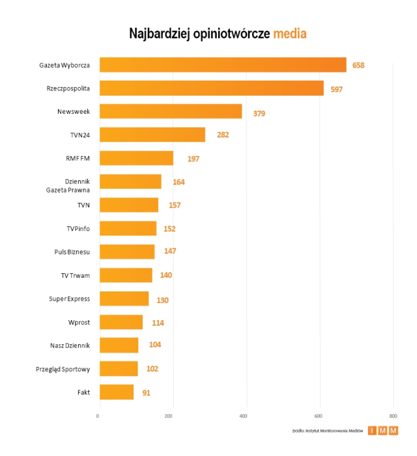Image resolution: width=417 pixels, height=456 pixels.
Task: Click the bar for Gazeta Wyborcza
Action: (222, 64)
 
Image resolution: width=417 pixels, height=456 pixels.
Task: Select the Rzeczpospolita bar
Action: (211, 88)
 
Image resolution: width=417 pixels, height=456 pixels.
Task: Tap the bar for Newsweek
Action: (170, 111)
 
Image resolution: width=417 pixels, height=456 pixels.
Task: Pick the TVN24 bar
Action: (152, 135)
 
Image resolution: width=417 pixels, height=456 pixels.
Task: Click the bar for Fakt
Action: (116, 392)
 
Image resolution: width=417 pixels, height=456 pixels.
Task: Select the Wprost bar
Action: (121, 322)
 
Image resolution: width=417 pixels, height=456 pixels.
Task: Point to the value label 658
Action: (359, 65)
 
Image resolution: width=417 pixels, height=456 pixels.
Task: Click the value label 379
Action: (259, 113)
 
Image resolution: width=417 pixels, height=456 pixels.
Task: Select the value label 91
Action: (147, 393)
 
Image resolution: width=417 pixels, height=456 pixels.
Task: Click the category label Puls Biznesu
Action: (72, 252)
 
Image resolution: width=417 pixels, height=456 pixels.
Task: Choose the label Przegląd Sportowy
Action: (63, 369)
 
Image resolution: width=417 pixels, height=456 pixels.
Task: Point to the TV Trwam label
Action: (75, 275)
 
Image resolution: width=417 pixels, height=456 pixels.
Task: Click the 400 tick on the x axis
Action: (245, 416)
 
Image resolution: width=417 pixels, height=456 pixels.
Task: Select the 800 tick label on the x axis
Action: (393, 416)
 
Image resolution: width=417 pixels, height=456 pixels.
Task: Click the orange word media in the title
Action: (289, 34)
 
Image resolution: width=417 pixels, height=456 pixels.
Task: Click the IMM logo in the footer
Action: (382, 431)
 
